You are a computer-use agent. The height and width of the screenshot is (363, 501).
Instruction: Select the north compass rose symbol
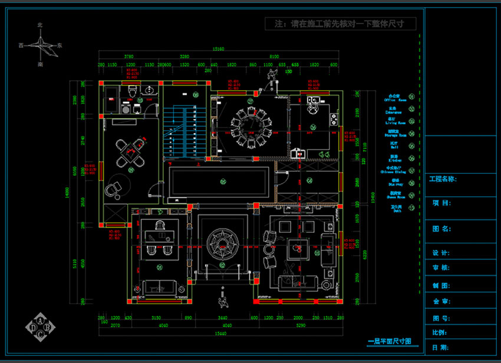tap(40, 44)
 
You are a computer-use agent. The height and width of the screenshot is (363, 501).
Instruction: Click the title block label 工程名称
tap(443, 179)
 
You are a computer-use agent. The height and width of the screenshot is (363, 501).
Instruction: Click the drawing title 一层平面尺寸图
tap(388, 342)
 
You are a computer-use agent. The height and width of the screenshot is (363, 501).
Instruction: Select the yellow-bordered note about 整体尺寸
tap(341, 24)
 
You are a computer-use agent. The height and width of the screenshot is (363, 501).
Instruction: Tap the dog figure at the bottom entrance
tap(223, 302)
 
